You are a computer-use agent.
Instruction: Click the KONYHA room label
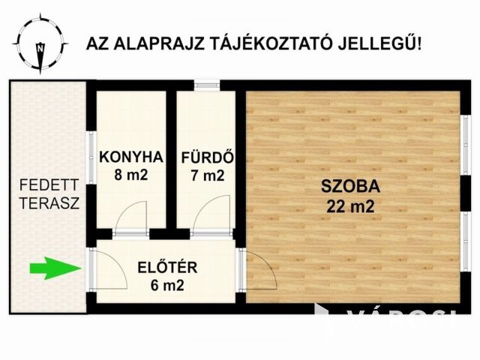pyautogui.click(x=130, y=157)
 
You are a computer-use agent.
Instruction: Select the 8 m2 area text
pyautogui.click(x=130, y=176)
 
